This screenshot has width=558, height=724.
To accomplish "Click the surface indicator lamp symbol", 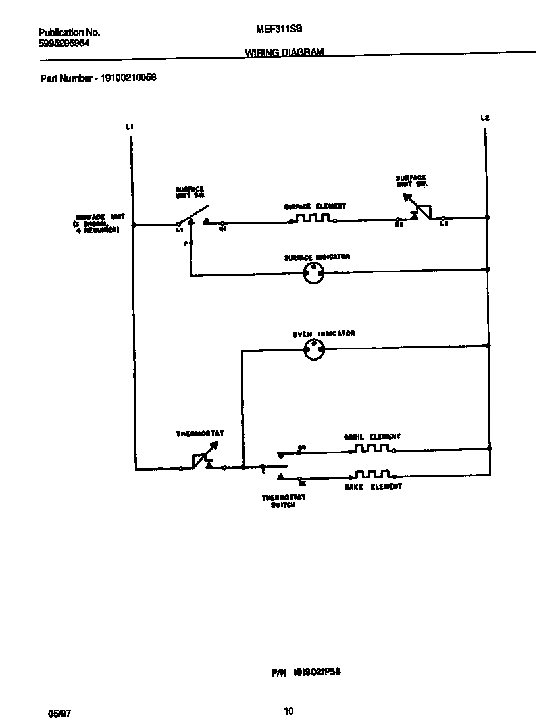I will pos(313,273).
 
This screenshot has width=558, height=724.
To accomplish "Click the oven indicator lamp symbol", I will pos(313,350).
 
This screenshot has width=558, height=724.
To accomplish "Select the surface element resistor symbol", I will pos(313,219).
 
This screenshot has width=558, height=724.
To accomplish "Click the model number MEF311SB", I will pos(274,30).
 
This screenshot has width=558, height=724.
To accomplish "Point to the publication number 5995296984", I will pos(64,43).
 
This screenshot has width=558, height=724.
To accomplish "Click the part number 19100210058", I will pos(128,78).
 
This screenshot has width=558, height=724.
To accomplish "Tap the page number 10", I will pos(288,711).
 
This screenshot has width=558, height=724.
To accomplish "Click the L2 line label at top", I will pos(485,118).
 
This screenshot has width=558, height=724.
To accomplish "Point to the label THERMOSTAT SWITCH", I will pos(284,502).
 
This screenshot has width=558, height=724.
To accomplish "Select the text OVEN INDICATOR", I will pos(324,334).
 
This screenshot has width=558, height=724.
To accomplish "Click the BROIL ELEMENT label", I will pos(372,436).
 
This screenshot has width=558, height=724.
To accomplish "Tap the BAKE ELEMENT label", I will pos(373,486).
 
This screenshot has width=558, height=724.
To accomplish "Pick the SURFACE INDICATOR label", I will pos(317,257).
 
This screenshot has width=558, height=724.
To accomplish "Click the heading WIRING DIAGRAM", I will pos(284,52).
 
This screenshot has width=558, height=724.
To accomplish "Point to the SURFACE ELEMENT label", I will pos(315,206).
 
